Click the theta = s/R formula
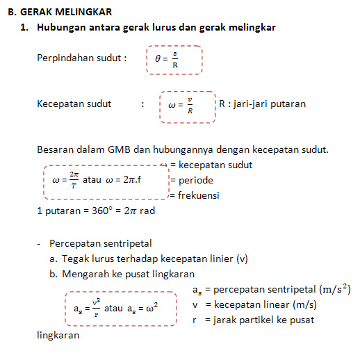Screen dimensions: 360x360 (x=166, y=60)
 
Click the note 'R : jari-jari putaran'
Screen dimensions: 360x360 (x=262, y=104)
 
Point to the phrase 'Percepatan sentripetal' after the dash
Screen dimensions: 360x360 (x=101, y=243)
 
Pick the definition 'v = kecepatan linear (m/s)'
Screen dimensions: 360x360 (x=255, y=304)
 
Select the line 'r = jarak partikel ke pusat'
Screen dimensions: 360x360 (x=254, y=320)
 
